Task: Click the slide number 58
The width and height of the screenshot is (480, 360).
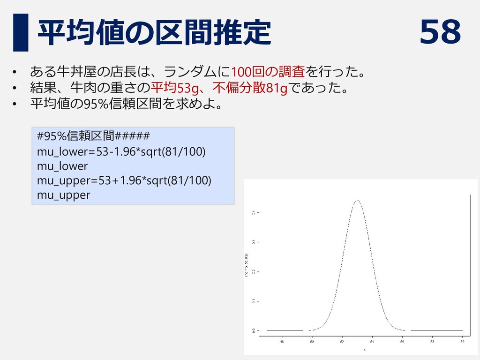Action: (440, 32)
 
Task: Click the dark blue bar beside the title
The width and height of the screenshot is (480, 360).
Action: (20, 32)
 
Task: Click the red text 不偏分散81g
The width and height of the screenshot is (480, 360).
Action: (250, 87)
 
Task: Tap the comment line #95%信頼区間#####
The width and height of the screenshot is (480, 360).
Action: (93, 136)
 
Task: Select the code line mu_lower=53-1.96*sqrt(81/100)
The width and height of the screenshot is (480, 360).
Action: (121, 152)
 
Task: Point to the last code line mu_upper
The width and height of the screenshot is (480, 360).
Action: (63, 195)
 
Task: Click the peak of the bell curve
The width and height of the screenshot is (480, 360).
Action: (357, 200)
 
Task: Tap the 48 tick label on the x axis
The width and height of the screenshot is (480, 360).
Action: (282, 342)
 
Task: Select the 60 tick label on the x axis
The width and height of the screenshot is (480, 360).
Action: (462, 342)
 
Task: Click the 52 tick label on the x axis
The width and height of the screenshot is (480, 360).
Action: (342, 342)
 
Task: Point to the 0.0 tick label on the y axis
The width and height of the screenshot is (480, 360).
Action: (254, 330)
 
